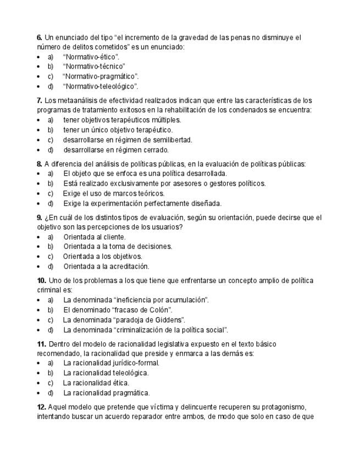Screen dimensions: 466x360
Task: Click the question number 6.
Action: [x=40, y=38]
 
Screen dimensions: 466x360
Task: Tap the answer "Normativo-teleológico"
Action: [x=101, y=86]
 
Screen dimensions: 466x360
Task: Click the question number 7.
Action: [x=40, y=101]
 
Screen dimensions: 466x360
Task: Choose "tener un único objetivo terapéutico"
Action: [x=118, y=130]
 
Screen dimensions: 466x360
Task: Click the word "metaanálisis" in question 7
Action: [x=77, y=101]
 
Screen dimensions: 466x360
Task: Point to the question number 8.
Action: [x=40, y=164]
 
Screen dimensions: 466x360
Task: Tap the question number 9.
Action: [x=40, y=218]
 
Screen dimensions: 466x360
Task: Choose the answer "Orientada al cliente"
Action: [x=95, y=237]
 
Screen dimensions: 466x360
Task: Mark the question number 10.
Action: [x=41, y=281]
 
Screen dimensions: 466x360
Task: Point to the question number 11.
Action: [x=41, y=344]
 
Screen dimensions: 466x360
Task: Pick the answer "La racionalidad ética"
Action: [x=96, y=382]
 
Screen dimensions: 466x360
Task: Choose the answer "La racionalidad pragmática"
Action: [x=106, y=393]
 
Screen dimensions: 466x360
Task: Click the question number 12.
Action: [x=41, y=407]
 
